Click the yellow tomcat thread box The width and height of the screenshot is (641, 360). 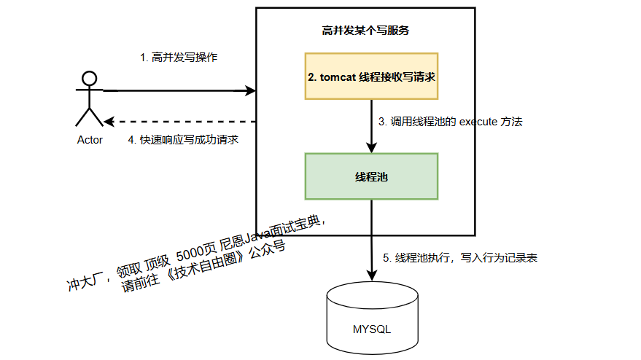(x=371, y=76)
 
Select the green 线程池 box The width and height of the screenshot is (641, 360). (x=371, y=176)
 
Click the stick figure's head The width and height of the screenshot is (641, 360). (x=90, y=78)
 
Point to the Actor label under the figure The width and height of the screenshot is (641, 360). (x=90, y=140)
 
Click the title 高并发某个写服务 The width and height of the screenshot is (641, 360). (x=365, y=31)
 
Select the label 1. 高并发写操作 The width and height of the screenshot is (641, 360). (x=179, y=57)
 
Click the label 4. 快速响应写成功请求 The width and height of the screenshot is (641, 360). (x=183, y=139)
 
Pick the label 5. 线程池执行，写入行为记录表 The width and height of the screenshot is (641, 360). (x=460, y=258)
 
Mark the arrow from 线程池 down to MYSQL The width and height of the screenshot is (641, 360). (x=371, y=240)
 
